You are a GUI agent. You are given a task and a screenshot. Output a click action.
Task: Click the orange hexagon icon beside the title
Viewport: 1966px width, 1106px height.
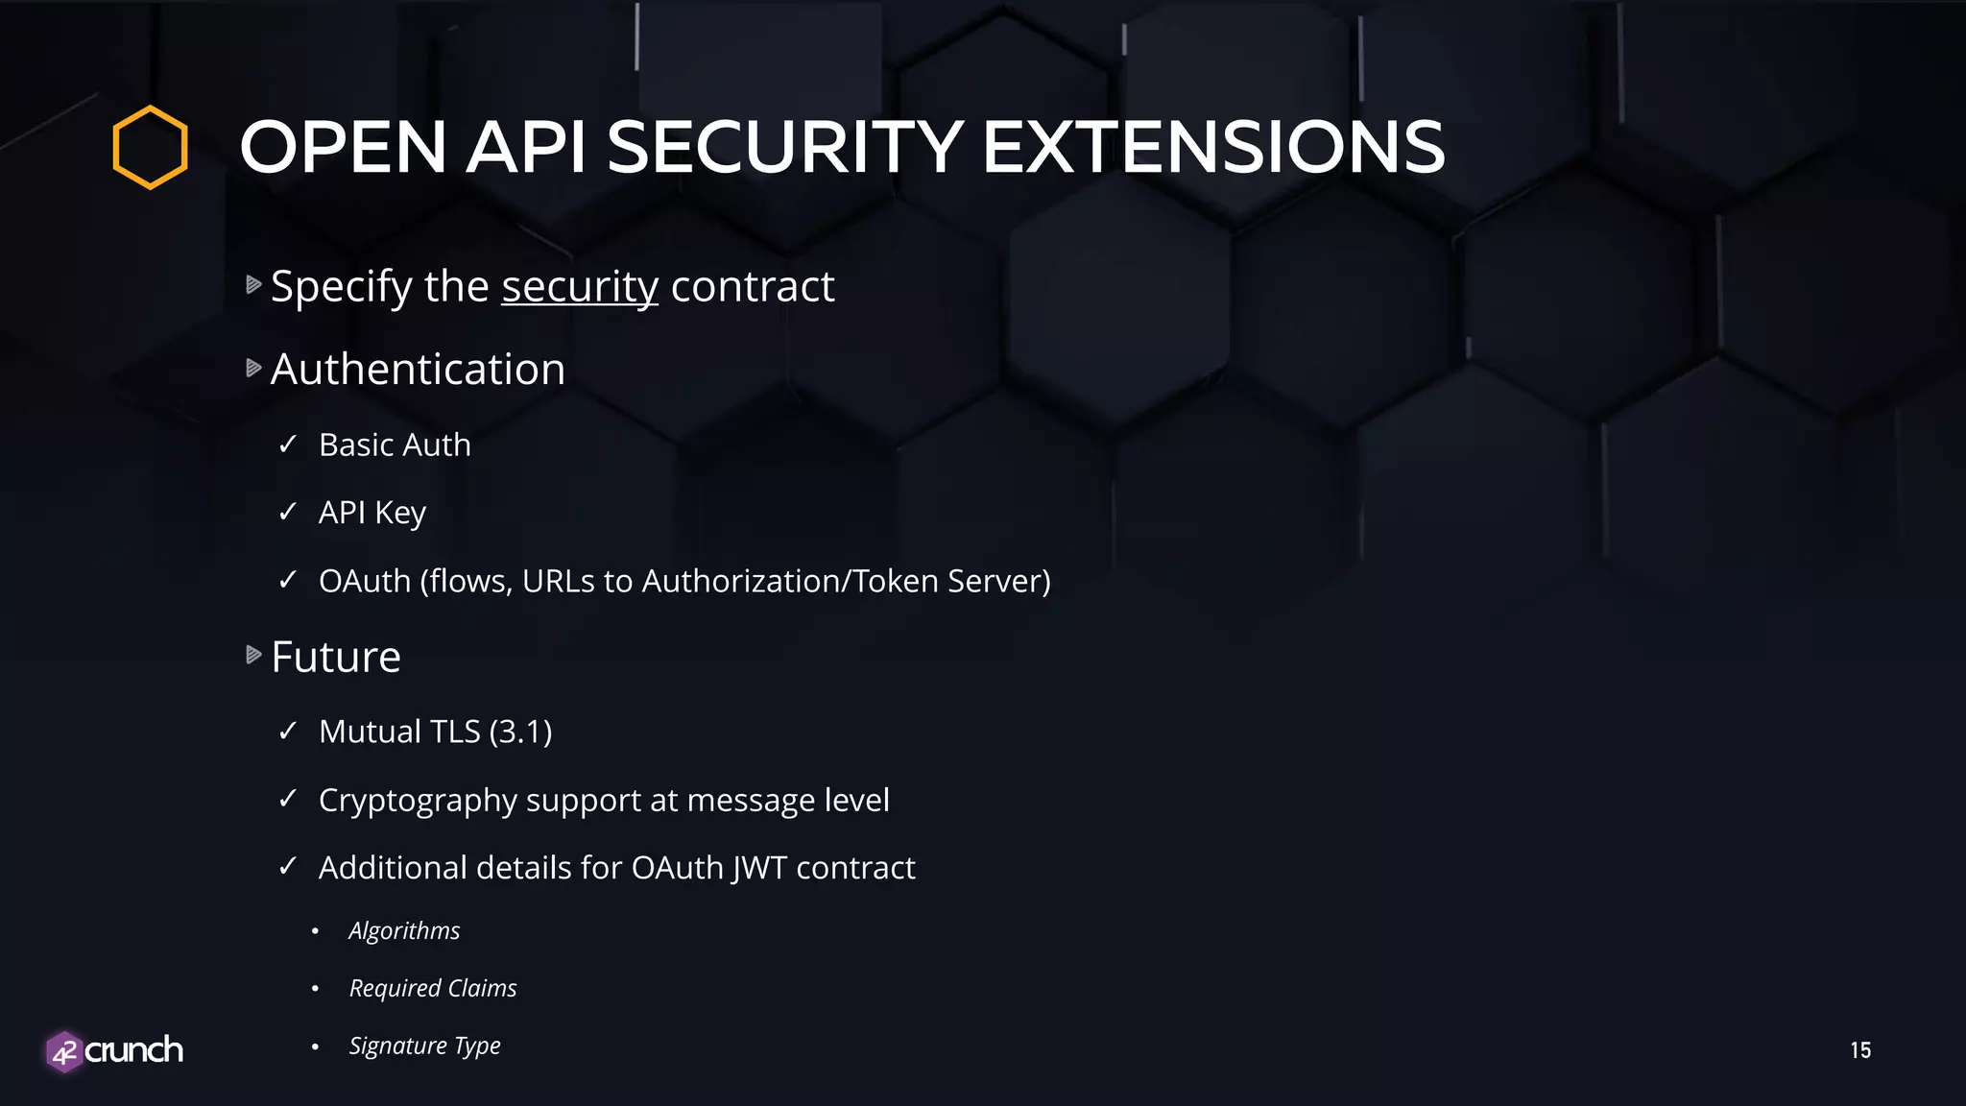(150, 147)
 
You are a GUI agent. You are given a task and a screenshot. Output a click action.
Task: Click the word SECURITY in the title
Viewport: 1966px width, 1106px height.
(785, 148)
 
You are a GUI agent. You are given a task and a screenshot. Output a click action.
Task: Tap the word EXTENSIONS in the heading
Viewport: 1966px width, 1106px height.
(1213, 148)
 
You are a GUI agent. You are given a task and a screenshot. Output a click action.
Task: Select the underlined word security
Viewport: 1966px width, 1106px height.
(580, 287)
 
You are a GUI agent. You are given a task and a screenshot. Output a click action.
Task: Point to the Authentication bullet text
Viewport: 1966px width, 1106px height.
(418, 370)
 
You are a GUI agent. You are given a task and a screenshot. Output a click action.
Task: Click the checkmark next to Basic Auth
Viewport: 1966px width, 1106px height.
(287, 445)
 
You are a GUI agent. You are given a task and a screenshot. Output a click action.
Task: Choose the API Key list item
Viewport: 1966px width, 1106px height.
(372, 513)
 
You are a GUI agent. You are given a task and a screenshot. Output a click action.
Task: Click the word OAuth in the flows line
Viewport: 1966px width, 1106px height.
(365, 581)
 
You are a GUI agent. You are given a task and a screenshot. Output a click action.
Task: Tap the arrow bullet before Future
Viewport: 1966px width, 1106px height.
(253, 655)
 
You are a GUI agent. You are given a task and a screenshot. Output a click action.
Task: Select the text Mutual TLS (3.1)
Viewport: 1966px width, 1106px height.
(435, 732)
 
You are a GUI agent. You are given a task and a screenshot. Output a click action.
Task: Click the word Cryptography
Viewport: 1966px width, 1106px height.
(418, 801)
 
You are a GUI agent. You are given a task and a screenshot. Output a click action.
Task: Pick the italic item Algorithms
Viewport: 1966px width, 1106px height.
(404, 930)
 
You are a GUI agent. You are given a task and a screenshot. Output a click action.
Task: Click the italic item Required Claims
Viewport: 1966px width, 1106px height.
(433, 988)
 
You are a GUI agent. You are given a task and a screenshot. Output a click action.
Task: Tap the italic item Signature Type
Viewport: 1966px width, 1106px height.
(424, 1046)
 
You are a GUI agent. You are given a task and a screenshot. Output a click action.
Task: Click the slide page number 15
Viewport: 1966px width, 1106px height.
(1860, 1050)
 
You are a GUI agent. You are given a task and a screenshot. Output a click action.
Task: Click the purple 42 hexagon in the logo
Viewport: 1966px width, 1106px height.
(64, 1052)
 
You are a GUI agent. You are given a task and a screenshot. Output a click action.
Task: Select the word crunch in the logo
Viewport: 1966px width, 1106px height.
(134, 1050)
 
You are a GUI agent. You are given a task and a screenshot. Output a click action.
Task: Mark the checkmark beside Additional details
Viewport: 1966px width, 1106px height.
(287, 867)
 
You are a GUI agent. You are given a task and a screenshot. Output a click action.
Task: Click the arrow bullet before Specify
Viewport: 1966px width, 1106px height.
(253, 284)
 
